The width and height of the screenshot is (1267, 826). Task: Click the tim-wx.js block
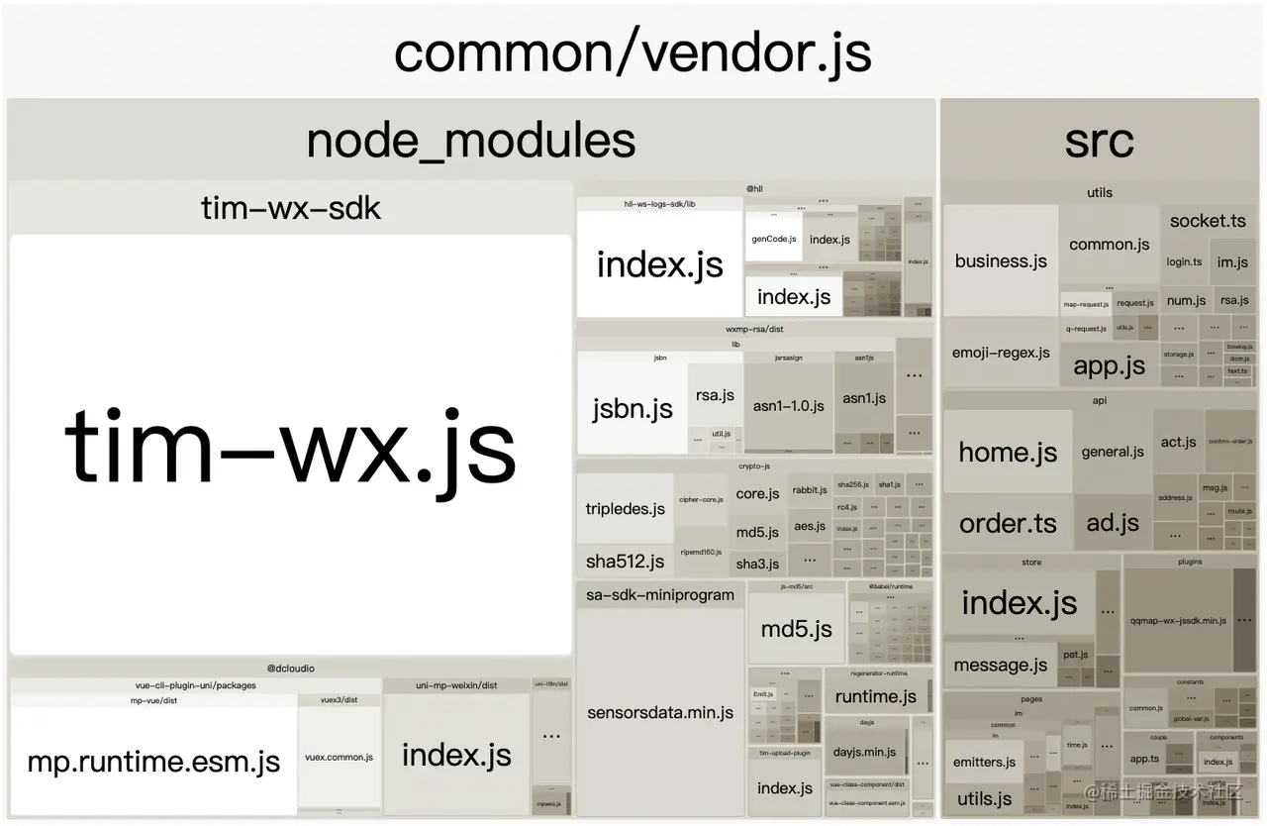coord(291,446)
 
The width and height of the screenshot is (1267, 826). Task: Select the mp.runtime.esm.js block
coord(153,762)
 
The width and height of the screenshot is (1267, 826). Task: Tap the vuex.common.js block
coord(339,757)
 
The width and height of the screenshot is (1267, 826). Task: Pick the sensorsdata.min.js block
coord(660,713)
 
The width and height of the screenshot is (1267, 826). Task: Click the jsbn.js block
coord(632,408)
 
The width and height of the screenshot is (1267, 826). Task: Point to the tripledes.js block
coord(625,508)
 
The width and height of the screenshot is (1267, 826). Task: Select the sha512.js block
coord(625,562)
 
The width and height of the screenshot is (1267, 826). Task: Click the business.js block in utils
coord(1001,261)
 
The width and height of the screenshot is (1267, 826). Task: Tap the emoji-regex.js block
coord(1001,353)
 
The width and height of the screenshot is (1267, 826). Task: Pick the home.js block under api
coord(1008,453)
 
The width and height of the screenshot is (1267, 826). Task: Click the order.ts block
coord(1008,523)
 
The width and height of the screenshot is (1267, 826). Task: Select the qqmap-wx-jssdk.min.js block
coord(1178,621)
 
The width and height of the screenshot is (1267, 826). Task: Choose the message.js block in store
coord(1000,666)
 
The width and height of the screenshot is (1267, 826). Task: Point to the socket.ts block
coord(1208,221)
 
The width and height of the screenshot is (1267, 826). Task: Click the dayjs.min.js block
coord(864,752)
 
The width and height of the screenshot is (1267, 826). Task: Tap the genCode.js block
coord(773,239)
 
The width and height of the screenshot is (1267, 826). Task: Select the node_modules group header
coord(471,141)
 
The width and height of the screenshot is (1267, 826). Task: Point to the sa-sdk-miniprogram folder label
coord(660,595)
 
